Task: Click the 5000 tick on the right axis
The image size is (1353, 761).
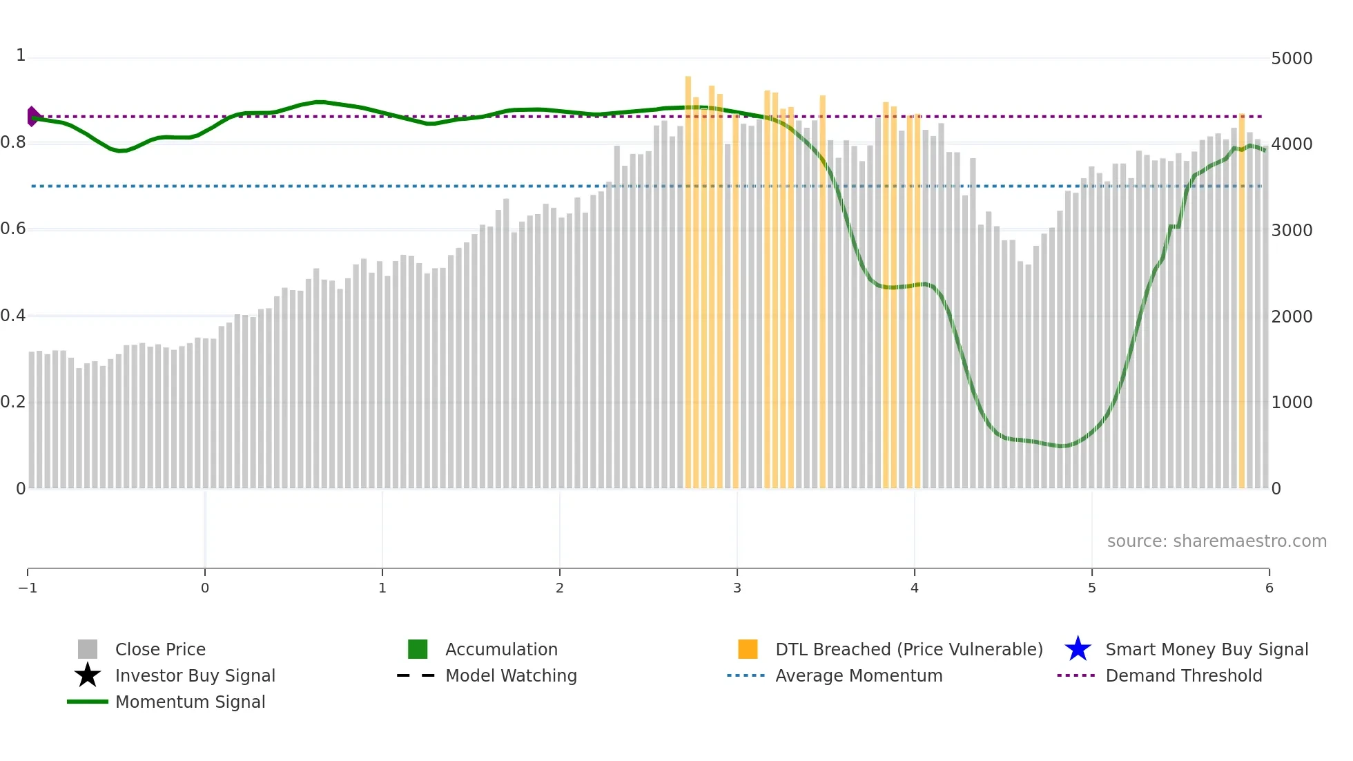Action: click(1291, 59)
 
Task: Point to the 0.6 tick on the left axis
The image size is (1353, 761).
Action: click(13, 229)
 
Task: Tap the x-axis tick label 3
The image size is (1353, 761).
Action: click(737, 588)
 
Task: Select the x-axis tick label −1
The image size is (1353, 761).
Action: click(28, 588)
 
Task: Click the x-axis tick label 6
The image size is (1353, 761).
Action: click(1269, 588)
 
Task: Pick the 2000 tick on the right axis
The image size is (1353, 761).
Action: click(1291, 317)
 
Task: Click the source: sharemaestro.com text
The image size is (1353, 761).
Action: click(1216, 541)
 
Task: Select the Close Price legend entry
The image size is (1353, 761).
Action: click(160, 649)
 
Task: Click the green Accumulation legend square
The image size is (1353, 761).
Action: click(418, 649)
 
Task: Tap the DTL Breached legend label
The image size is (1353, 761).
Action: click(908, 649)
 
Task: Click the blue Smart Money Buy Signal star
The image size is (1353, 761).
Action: click(1078, 649)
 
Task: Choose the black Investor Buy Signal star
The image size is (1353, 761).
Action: click(88, 675)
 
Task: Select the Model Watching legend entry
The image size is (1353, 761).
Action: click(511, 675)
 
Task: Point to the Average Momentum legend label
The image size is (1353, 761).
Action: click(859, 675)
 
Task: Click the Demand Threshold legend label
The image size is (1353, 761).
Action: click(1183, 675)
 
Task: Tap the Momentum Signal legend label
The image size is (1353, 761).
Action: click(190, 702)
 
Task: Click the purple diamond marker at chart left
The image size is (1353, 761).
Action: click(32, 116)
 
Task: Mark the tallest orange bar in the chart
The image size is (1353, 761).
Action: click(688, 276)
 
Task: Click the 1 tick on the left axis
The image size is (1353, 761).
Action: click(21, 55)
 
